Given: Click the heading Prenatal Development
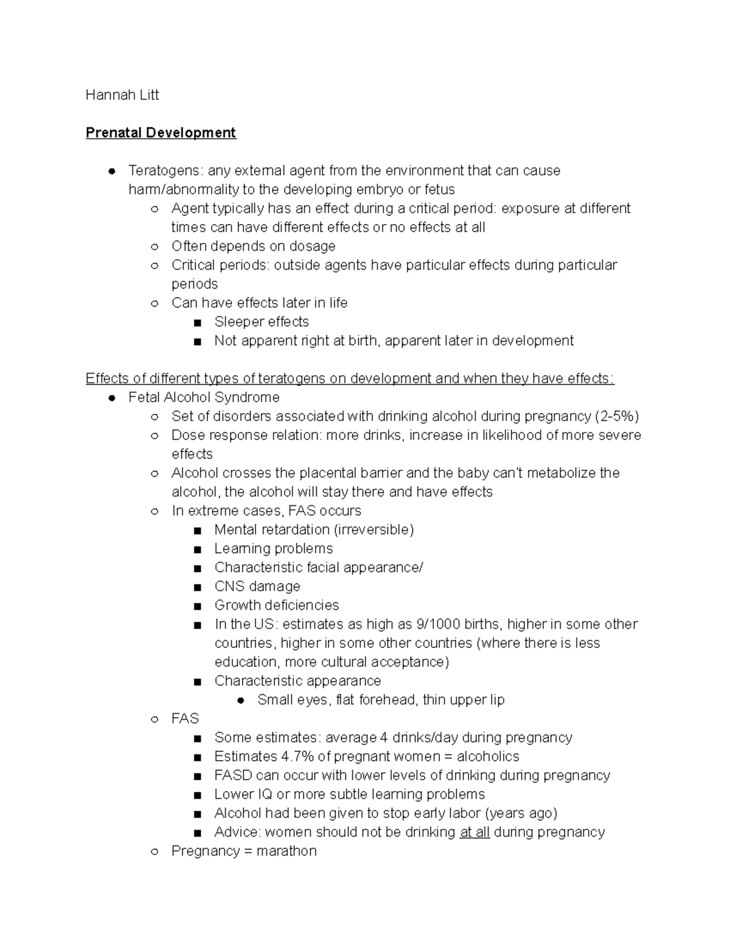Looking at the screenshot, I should point(161,133).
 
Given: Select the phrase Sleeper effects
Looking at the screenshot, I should point(262,322).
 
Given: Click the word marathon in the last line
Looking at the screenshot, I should point(287,851).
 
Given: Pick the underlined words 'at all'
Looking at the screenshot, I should point(474,832).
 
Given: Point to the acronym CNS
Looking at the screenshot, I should point(229,587).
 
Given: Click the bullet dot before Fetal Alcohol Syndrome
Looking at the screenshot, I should point(112,398).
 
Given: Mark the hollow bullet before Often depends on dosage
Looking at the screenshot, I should point(155,247).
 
